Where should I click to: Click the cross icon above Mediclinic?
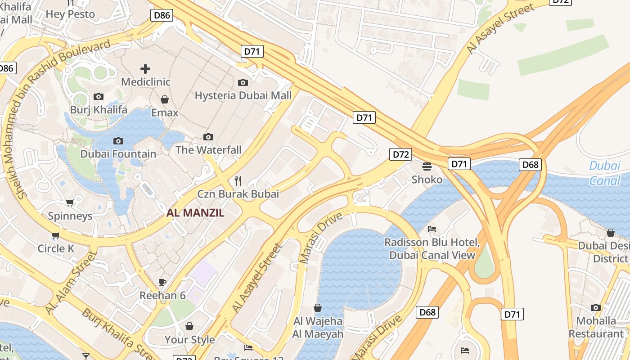click(x=145, y=69)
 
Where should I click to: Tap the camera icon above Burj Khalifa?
click(x=99, y=96)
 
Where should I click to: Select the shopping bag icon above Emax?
click(x=165, y=99)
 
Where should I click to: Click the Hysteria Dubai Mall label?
click(x=243, y=95)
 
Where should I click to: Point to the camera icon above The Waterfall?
click(x=208, y=137)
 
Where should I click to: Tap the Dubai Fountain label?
click(x=118, y=154)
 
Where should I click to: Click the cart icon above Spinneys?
click(x=70, y=203)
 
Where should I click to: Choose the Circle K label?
click(x=56, y=248)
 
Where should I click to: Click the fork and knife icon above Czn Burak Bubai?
click(x=238, y=181)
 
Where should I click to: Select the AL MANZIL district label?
click(x=195, y=213)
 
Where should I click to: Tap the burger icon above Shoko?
click(x=427, y=166)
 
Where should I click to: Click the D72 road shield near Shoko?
click(x=400, y=154)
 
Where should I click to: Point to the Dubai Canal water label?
click(x=605, y=173)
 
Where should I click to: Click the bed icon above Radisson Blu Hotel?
click(x=432, y=229)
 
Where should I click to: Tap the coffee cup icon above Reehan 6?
click(x=162, y=282)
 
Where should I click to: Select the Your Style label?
click(x=189, y=339)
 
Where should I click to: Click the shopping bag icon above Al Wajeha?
click(x=318, y=308)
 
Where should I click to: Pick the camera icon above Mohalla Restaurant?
click(x=596, y=307)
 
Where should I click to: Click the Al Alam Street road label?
click(x=71, y=283)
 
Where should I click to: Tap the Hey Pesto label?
click(x=70, y=14)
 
